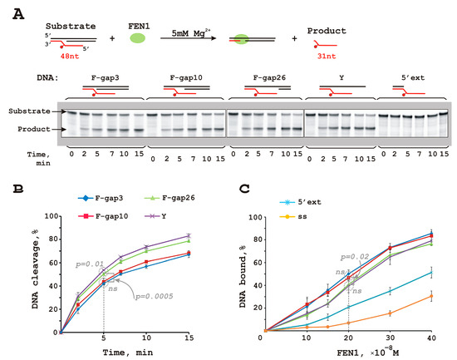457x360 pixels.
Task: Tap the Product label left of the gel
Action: click(28, 129)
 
